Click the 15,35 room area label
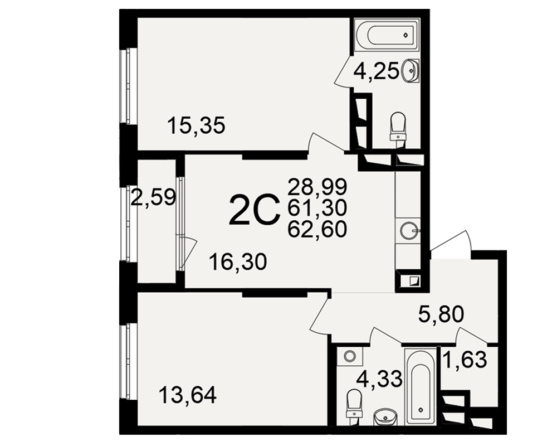click(x=197, y=126)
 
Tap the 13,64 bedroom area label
click(x=188, y=395)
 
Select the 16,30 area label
click(x=238, y=262)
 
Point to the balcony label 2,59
click(x=153, y=197)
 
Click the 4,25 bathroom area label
click(x=376, y=73)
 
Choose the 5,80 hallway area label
click(x=441, y=314)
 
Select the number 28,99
click(x=317, y=187)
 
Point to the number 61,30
click(x=317, y=208)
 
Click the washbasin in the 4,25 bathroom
click(x=411, y=70)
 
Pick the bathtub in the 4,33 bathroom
click(x=420, y=386)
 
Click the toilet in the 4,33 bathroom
click(x=354, y=405)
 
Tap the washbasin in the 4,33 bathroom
click(x=385, y=416)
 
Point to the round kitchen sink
click(x=408, y=231)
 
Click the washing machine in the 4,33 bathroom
click(x=350, y=356)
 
